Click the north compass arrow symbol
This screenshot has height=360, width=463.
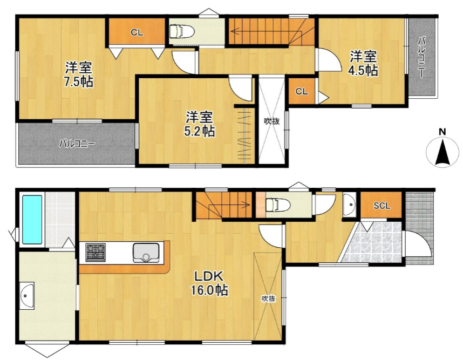[442, 152]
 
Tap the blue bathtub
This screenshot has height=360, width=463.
[32, 220]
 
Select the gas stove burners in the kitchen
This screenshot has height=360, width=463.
[96, 252]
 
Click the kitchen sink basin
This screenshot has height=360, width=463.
[146, 253]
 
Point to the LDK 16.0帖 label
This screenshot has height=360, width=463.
[210, 283]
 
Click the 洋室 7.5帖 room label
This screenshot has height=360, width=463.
[79, 74]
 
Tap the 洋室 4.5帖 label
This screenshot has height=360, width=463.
[364, 63]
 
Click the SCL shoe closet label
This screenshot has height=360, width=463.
[382, 206]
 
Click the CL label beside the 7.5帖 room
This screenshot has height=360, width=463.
[137, 33]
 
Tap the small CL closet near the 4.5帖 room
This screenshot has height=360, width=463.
[302, 91]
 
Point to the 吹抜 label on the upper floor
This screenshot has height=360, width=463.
[271, 121]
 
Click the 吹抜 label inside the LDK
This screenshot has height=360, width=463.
[268, 298]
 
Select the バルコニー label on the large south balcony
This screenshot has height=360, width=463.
[77, 144]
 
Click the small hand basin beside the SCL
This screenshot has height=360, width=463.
[350, 205]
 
